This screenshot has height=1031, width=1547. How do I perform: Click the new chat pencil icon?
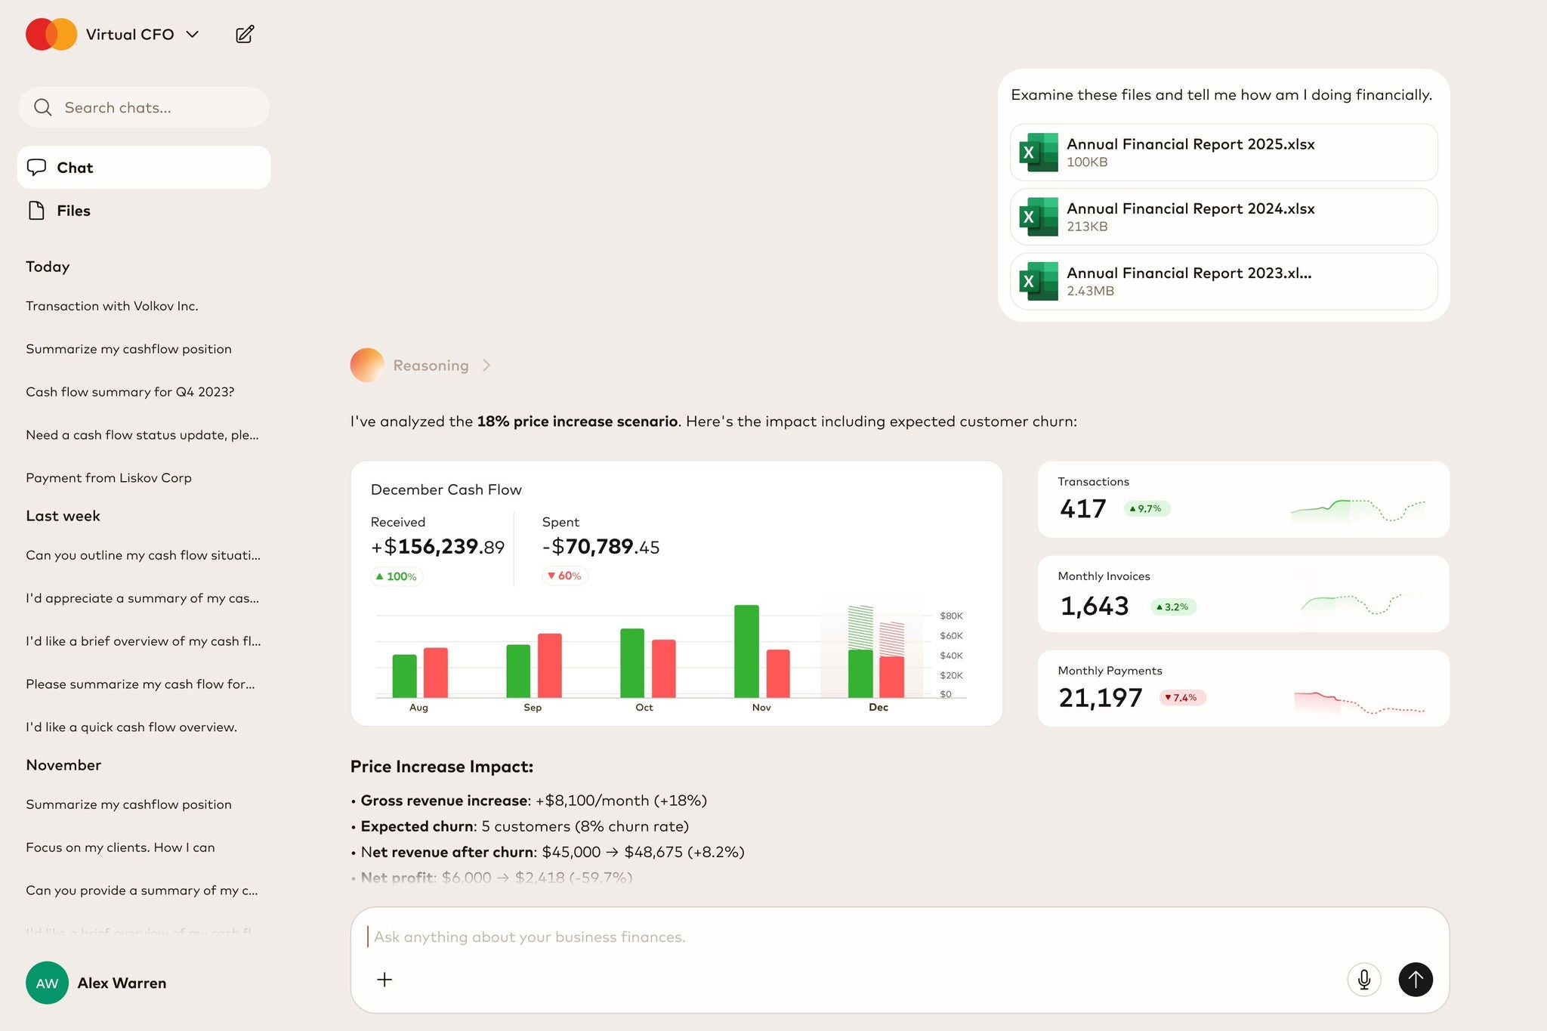point(245,34)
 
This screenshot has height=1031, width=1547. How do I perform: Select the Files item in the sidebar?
point(73,211)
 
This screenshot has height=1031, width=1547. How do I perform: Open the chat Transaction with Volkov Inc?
point(112,306)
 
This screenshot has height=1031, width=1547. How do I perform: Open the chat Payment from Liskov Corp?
point(109,478)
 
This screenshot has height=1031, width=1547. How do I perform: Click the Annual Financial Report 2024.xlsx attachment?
point(1223,217)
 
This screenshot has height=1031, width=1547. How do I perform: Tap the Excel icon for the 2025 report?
point(1039,153)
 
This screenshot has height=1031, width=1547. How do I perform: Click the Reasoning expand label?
point(431,366)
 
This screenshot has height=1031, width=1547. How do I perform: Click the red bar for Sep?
point(549,665)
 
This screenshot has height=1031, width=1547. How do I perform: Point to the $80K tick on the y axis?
point(951,616)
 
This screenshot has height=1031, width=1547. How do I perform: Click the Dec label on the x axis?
point(878,708)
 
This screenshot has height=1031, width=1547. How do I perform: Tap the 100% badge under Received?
point(397,577)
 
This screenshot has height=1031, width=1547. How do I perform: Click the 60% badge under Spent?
point(564,576)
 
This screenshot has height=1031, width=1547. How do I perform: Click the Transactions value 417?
point(1082,509)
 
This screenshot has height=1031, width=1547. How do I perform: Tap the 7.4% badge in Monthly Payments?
point(1181,698)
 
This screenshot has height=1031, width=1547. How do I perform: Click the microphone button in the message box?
point(1363,980)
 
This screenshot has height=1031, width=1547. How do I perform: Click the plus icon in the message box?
point(384,980)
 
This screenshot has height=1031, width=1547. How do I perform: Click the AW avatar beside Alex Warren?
point(47,983)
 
